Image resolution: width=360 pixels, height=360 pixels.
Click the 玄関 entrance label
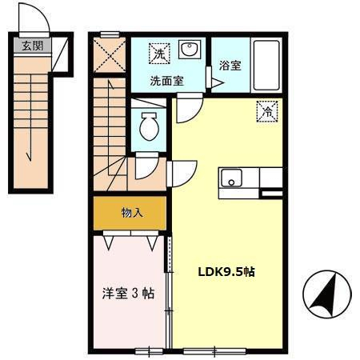pos(32,46)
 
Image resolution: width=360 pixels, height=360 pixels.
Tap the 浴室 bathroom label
pos(230,66)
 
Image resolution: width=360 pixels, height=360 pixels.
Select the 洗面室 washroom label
pos(167,81)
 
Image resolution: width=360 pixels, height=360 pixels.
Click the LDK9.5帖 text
pos(226,272)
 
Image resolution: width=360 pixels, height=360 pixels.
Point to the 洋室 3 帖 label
pos(128,294)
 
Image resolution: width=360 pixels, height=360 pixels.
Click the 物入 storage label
pos(132,213)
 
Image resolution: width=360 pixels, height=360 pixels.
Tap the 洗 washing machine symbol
pos(159,54)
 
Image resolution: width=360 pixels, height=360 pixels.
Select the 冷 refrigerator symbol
pos(267,111)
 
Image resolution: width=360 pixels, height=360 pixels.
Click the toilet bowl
pos(149,126)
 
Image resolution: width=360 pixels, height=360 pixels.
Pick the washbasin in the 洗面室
pos(190,50)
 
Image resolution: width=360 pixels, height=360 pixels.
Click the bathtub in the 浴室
pos(266,66)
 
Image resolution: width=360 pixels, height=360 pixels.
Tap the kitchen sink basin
pos(231,178)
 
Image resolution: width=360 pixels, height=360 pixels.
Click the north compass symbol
pos(327,294)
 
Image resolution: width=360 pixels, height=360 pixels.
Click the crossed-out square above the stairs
pos(110,55)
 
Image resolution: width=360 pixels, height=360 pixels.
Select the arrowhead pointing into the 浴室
pos(218,83)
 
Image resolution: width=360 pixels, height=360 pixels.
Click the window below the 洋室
pos(149,351)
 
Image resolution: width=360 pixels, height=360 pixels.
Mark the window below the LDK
pos(214,351)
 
